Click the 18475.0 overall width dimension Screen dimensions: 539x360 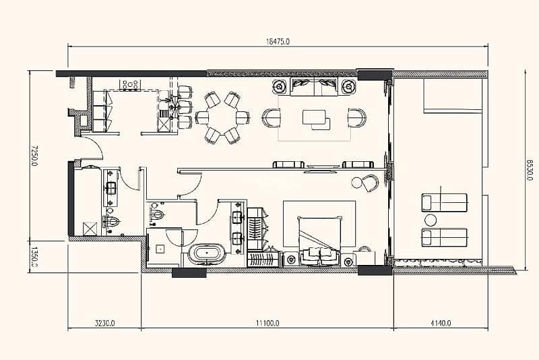(278, 42)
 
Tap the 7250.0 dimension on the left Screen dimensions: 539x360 (34, 155)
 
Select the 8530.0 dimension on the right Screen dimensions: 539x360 (529, 169)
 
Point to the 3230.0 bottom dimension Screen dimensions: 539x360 (105, 323)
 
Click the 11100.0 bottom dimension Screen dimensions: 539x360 (267, 323)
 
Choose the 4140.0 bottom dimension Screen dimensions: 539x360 (441, 323)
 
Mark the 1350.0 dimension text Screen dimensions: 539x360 (34, 256)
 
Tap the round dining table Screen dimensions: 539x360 (222, 117)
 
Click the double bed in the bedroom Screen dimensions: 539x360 (319, 241)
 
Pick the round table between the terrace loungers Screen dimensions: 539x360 (431, 219)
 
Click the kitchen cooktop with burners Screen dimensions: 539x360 (131, 84)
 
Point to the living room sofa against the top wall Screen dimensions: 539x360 (313, 86)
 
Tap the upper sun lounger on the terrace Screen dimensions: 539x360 (444, 202)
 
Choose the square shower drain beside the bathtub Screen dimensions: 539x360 (160, 249)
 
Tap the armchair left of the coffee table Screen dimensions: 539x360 (272, 118)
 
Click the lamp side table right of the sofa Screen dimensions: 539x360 (348, 86)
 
